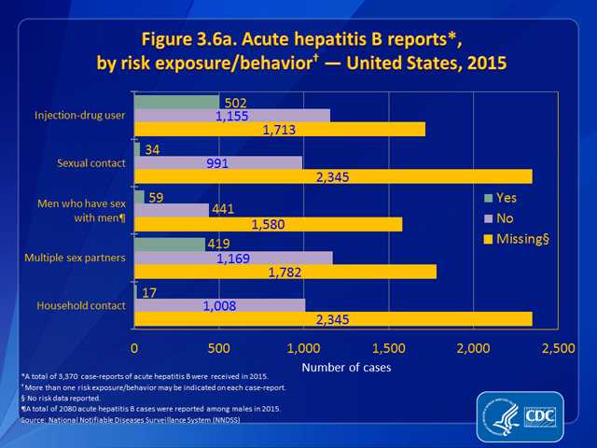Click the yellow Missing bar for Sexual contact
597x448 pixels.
click(333, 176)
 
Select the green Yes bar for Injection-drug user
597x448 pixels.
click(177, 102)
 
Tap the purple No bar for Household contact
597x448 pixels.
click(219, 304)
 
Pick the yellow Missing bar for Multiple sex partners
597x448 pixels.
click(285, 272)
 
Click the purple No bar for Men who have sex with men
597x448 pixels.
click(172, 210)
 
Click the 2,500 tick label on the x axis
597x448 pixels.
click(558, 348)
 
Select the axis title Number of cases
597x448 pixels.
click(346, 368)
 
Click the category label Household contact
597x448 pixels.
click(80, 305)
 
